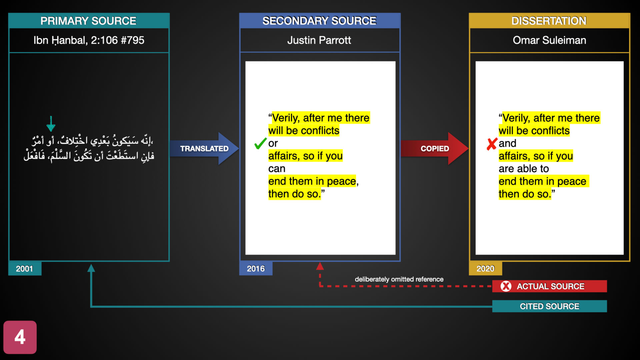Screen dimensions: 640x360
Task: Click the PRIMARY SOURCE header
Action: point(88,21)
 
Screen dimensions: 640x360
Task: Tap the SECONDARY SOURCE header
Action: point(319,21)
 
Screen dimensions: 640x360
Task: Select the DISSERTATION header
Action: point(549,21)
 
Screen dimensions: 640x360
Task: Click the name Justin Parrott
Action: point(319,40)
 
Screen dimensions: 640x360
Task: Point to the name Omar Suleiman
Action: point(549,40)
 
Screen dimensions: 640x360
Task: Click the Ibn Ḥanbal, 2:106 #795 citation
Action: point(89,41)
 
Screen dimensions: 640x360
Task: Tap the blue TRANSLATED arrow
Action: point(204,148)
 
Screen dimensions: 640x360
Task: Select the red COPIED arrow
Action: point(434,148)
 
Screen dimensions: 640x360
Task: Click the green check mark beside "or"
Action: point(260,143)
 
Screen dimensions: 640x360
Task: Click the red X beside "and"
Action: point(492,144)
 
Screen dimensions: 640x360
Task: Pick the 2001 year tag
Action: point(25,269)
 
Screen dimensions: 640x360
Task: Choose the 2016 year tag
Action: point(256,269)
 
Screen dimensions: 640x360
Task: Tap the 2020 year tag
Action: point(485,269)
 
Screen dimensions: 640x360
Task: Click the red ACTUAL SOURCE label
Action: point(549,286)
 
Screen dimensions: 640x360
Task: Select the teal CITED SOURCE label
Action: point(549,306)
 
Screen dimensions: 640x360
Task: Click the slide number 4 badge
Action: point(20,337)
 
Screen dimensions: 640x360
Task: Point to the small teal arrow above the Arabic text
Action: point(51,124)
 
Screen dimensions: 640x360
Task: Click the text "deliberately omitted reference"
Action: point(399,279)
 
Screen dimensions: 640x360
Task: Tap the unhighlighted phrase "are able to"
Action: point(524,169)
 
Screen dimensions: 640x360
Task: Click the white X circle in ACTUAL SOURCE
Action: point(506,286)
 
